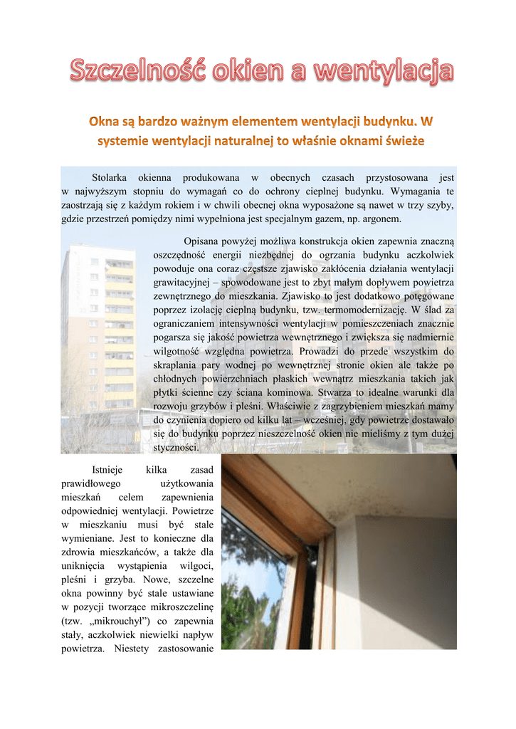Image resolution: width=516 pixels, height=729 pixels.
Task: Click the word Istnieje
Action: pos(107,470)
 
